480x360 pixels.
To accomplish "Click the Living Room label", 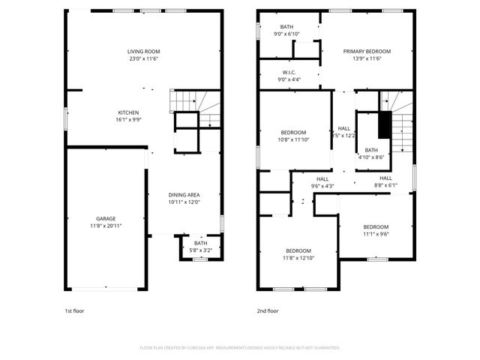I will tap(142, 51).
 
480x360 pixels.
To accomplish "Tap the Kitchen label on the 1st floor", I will tap(127, 112).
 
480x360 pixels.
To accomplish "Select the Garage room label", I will tap(105, 218).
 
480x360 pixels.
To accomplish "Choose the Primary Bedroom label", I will tap(367, 52).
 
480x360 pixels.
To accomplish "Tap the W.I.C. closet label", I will tap(289, 73).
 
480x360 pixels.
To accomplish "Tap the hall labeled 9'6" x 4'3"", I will tap(322, 182).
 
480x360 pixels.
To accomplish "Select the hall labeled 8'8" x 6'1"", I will tap(385, 182).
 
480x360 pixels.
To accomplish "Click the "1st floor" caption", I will tap(74, 310).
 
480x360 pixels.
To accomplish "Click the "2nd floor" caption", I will tap(268, 310).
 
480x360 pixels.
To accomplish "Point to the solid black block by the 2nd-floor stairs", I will tap(385, 124).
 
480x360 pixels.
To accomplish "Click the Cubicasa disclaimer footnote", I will tap(240, 348).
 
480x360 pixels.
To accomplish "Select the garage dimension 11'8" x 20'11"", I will tap(105, 226).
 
